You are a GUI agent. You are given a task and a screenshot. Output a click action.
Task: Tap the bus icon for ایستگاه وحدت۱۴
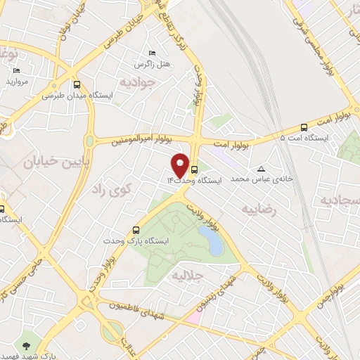[x=195, y=169]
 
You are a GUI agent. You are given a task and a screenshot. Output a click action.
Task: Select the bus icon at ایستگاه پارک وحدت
[x=137, y=229]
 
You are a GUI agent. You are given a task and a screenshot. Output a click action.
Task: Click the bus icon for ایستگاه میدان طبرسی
[x=77, y=83]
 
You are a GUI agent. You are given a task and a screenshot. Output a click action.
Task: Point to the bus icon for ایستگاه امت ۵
[x=304, y=127]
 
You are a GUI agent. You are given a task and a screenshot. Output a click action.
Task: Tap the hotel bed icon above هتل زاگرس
[x=152, y=53]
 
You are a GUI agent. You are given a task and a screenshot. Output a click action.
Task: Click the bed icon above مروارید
[x=17, y=70]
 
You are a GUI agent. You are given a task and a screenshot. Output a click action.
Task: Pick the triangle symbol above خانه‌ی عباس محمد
[x=262, y=169]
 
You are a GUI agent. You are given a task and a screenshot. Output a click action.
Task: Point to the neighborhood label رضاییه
[x=260, y=209]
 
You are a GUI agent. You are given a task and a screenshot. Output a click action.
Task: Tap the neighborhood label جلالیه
[x=187, y=276]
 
